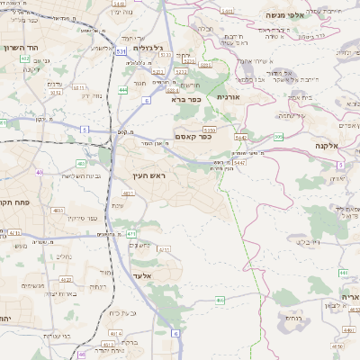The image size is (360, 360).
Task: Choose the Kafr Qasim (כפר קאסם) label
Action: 193,137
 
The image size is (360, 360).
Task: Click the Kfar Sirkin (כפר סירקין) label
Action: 81,219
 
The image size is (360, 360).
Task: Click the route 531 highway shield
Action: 121,52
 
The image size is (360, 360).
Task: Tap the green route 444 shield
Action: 122,90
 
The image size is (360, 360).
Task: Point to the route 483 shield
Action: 81,164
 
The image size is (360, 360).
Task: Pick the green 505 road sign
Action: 279,136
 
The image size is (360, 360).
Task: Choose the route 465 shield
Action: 220,301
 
